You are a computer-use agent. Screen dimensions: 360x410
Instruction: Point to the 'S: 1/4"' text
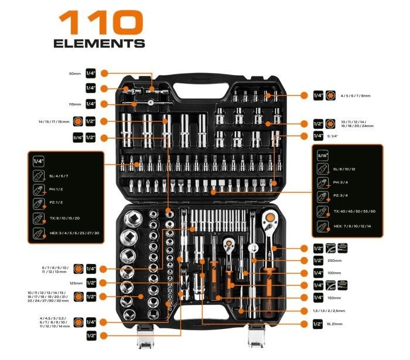[x=339, y=136]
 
